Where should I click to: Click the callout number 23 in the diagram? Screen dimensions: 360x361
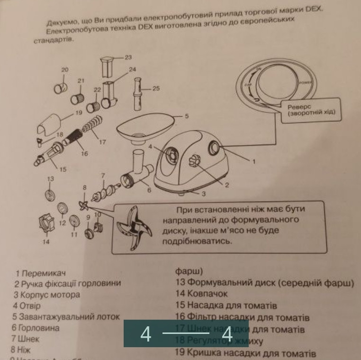[128, 57]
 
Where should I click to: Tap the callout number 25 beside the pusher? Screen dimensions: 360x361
[156, 88]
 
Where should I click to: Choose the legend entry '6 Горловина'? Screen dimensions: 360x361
[36, 328]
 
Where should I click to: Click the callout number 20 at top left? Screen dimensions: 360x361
[64, 69]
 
